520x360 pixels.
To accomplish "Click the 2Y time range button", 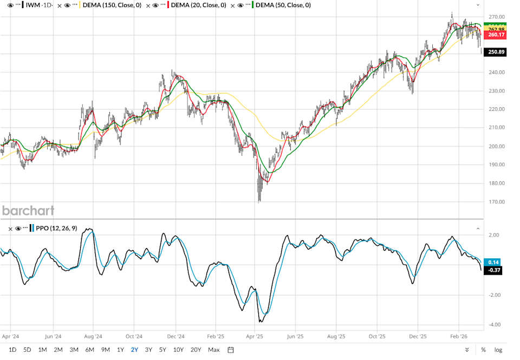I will (134, 349).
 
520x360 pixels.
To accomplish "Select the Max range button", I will (214, 349).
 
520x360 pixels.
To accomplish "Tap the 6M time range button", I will (90, 349).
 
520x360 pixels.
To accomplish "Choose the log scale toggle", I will (498, 350).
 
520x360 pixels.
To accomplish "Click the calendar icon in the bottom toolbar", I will (230, 349).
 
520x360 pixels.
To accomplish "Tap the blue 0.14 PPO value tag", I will (493, 262).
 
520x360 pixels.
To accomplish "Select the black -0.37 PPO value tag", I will (493, 270).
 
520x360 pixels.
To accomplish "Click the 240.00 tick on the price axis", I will (497, 72).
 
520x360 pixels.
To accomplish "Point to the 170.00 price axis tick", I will (497, 202).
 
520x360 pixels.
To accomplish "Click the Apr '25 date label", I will (255, 336).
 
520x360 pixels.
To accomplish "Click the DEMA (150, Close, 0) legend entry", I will (113, 5).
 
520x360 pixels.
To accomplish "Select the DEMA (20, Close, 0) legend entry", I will (198, 5).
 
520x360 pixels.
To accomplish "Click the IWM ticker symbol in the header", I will (34, 5).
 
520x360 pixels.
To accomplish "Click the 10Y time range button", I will (178, 349).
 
